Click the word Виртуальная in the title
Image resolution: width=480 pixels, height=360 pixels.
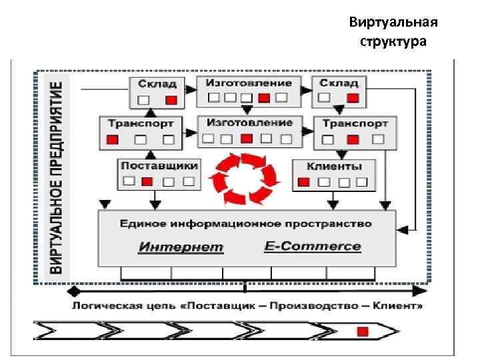tap(393, 24)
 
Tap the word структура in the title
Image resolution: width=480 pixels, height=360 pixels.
tap(393, 42)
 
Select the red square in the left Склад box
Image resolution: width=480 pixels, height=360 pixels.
tap(171, 100)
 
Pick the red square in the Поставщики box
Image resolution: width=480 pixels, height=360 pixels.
tap(148, 181)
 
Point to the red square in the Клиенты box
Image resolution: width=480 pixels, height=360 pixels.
tap(303, 182)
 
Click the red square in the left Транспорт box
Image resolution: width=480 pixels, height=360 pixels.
tap(112, 140)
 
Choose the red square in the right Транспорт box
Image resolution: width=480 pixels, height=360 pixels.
tap(353, 140)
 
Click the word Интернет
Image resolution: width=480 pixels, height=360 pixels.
tap(181, 247)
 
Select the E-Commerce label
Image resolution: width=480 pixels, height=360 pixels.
tap(313, 247)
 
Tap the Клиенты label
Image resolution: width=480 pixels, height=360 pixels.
tap(334, 166)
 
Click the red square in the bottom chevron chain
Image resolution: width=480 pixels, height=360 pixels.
tap(362, 331)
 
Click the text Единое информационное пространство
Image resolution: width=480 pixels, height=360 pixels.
tap(247, 223)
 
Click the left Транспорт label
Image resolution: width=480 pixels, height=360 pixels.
tap(141, 123)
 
